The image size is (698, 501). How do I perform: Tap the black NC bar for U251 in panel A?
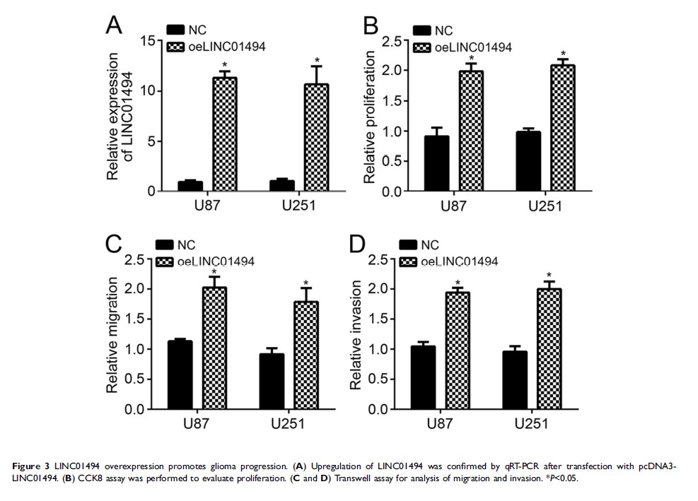point(283,186)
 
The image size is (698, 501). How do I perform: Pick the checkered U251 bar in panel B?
point(563,128)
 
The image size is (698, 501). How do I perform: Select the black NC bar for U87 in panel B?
point(436,163)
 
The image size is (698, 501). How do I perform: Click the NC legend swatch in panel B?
point(422,30)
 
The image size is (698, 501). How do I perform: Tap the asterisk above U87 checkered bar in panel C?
point(214,273)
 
